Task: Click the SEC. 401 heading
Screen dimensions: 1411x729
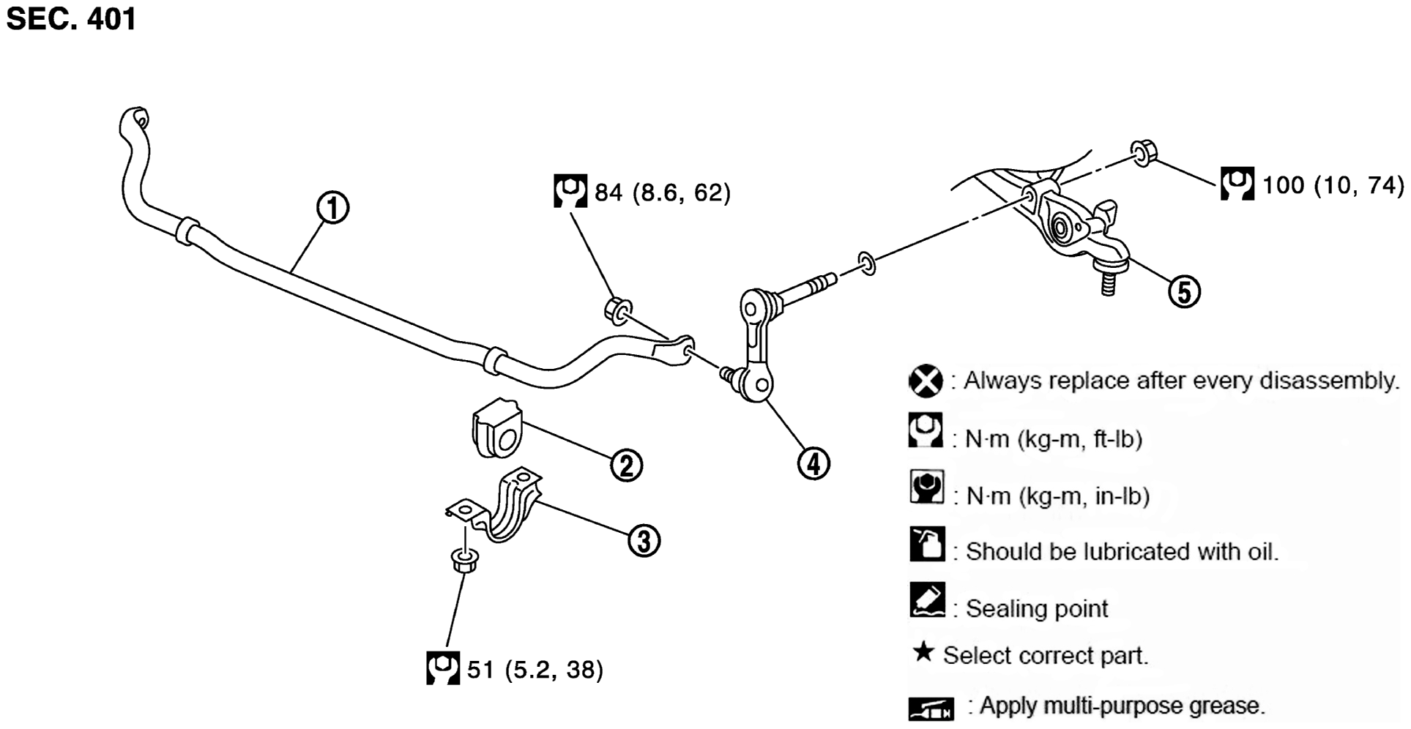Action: coord(71,18)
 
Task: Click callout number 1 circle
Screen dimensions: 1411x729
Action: coord(332,208)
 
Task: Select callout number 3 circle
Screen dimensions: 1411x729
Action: coord(644,541)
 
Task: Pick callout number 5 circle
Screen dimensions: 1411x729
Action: coord(1184,291)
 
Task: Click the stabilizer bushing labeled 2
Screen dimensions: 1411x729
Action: coord(497,428)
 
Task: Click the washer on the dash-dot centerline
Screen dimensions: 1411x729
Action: coord(866,263)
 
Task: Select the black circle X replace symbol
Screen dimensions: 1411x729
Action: coord(926,381)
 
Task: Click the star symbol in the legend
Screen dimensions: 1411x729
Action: coord(924,651)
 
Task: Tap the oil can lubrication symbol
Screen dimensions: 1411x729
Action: coord(927,544)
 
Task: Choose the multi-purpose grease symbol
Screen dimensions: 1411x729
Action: coord(931,709)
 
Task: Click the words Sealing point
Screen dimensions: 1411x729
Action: coord(1037,608)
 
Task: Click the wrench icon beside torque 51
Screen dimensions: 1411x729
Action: coord(443,668)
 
